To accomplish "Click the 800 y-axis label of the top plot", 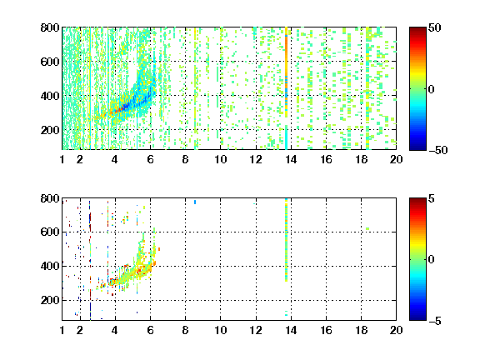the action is coord(50,27).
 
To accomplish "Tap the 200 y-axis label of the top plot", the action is coord(50,130).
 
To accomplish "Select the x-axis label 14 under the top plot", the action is coord(291,159).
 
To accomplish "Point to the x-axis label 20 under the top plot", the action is coord(396,159).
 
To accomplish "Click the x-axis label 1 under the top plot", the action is coord(62,159).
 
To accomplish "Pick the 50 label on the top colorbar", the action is coord(435,27).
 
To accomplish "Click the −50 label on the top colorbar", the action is coord(438,150).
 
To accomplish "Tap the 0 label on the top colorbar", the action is coord(432,89).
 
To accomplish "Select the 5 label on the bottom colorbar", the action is coord(432,198).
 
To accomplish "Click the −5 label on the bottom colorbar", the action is coord(435,321).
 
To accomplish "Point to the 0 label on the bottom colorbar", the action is coord(432,260).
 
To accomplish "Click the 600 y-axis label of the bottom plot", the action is coord(50,232).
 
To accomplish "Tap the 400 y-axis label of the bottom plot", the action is coord(50,266).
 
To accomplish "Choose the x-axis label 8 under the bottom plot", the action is coord(185,330).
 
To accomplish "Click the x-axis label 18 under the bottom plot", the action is coord(361,330).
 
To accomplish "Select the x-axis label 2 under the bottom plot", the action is coord(80,330).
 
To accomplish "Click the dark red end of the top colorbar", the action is coord(417,29).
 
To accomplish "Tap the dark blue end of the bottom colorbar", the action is coord(417,318).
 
